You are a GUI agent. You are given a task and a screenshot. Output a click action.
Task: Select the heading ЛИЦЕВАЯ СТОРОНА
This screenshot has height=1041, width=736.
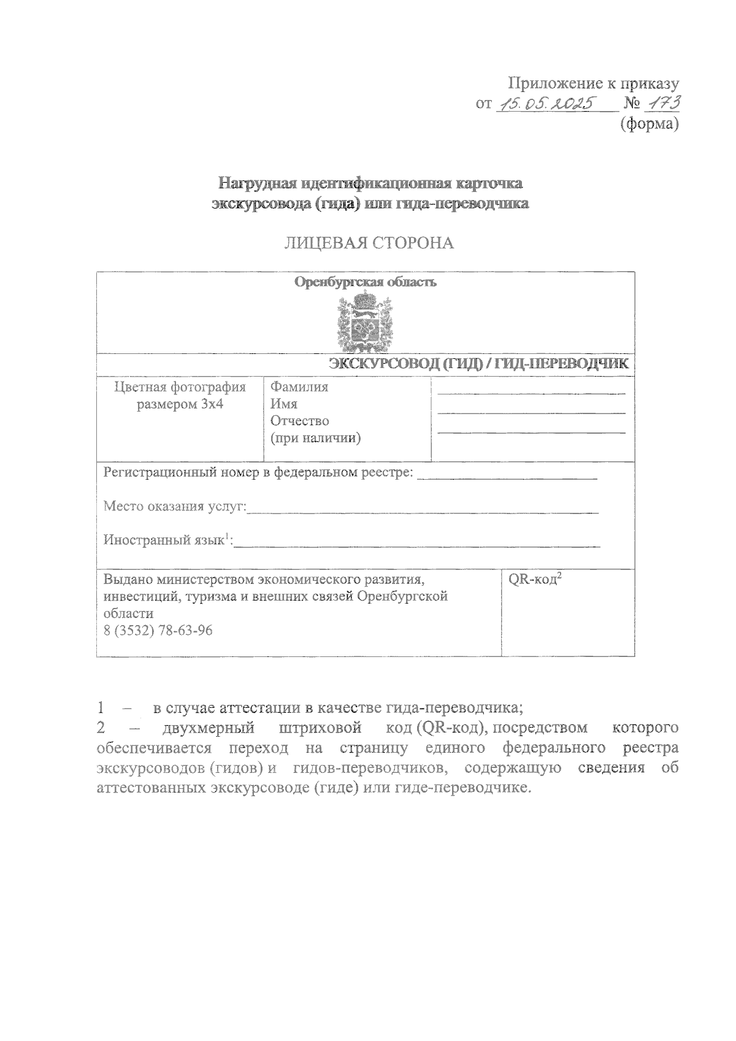(369, 243)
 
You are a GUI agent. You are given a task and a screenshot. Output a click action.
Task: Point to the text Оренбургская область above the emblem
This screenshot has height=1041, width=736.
(366, 282)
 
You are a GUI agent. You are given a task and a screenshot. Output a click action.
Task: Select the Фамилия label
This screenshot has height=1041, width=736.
(299, 386)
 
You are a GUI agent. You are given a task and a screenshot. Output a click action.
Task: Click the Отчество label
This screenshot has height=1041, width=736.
(299, 421)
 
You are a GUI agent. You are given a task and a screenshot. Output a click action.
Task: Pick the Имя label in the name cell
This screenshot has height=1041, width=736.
(284, 404)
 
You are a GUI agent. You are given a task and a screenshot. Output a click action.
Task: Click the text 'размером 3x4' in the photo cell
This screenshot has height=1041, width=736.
(180, 404)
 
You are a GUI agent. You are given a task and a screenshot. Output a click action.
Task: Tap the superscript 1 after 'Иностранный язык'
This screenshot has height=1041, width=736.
(226, 537)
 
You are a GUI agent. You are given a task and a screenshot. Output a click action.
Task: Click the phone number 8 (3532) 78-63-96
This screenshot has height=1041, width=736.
(158, 631)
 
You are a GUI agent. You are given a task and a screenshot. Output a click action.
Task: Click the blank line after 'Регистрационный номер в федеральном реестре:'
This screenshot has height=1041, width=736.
(507, 477)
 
